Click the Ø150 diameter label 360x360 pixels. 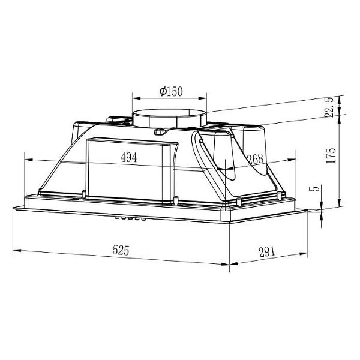[x=171, y=91]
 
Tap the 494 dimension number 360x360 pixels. [x=128, y=157]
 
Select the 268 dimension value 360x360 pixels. [x=255, y=159]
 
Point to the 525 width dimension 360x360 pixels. [x=121, y=250]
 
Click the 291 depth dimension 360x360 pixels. [x=267, y=252]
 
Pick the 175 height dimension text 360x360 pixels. [x=331, y=155]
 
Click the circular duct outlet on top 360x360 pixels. [x=169, y=118]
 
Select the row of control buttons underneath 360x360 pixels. [x=130, y=218]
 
